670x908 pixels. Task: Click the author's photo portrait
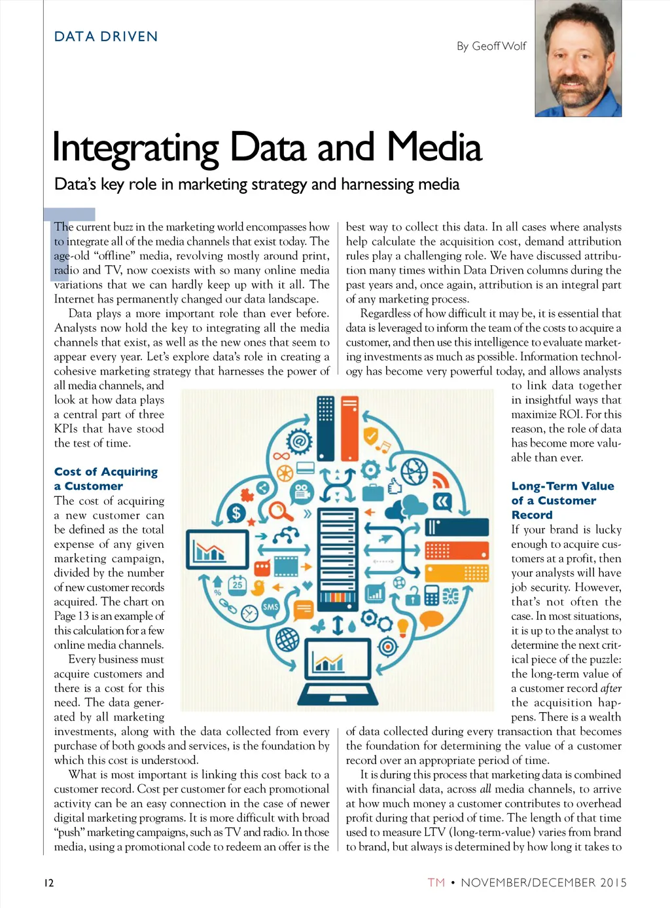click(x=578, y=58)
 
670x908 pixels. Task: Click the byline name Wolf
click(x=514, y=46)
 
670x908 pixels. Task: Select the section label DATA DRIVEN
click(x=106, y=37)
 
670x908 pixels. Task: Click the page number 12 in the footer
click(x=49, y=882)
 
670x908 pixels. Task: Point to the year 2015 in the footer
click(x=613, y=882)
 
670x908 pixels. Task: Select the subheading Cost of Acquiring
click(x=106, y=471)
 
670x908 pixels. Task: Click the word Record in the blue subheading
click(x=531, y=515)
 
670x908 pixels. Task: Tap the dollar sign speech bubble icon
click(x=236, y=513)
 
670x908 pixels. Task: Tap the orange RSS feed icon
click(x=441, y=480)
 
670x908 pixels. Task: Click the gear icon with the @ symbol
click(x=299, y=442)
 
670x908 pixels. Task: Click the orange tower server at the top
click(x=350, y=429)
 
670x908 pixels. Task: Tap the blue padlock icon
click(x=412, y=596)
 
